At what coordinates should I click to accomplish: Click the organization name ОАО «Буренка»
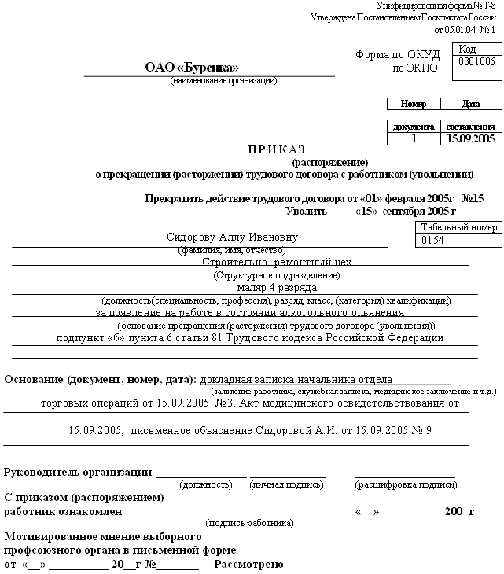point(192,68)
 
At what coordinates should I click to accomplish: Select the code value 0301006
point(476,61)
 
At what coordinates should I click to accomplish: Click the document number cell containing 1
point(414,138)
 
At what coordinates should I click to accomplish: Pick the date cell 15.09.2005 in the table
point(469,138)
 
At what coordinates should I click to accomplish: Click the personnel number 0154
point(433,241)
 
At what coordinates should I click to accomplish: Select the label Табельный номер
point(459,227)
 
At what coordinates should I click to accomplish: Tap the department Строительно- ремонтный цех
point(277,263)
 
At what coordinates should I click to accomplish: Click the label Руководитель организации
point(78,473)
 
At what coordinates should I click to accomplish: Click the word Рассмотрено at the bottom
point(248,565)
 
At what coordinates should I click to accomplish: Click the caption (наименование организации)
point(223,81)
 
